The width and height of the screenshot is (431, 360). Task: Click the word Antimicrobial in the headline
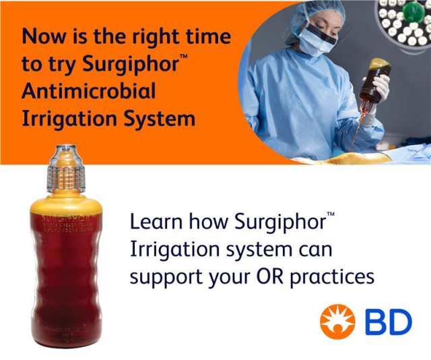tap(89, 90)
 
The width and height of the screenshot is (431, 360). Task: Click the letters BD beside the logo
tap(388, 322)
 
